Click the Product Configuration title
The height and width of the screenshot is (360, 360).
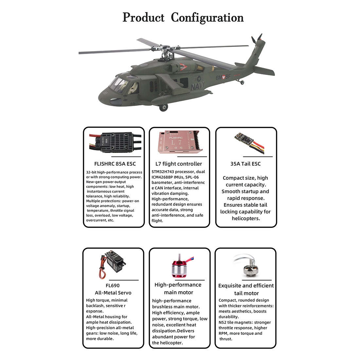183,17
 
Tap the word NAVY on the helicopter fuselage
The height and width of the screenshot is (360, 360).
198,86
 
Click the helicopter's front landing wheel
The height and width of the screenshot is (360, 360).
164,107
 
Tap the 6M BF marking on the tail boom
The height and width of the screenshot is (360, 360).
223,78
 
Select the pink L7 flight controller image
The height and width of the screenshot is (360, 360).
179,142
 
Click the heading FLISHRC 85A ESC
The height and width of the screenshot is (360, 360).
115,164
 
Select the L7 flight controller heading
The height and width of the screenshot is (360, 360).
179,164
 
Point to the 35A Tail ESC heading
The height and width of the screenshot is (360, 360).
245,164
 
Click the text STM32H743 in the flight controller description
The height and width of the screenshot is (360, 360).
163,172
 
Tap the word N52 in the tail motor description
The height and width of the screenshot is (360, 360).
223,322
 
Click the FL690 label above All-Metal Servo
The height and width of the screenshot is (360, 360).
113,285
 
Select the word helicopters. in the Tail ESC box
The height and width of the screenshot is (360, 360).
245,218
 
